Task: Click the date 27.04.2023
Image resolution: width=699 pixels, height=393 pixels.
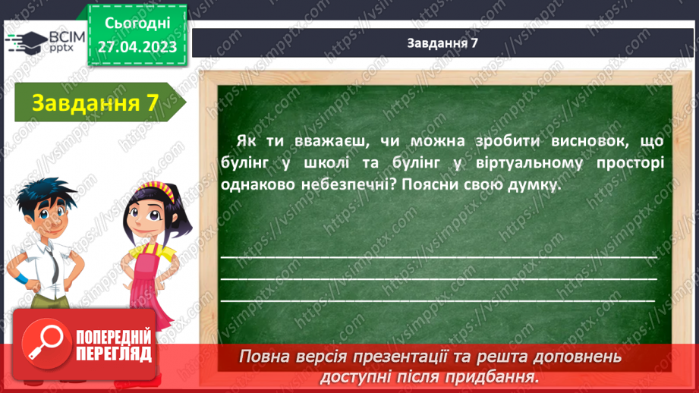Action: coord(137,47)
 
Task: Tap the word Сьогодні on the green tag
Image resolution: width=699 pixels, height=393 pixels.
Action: coord(137,24)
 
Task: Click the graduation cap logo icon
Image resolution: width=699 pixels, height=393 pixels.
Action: coord(26,42)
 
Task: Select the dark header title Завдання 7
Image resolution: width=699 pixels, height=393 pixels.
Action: coord(442,42)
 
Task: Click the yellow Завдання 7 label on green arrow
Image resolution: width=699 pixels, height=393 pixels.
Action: coord(95,103)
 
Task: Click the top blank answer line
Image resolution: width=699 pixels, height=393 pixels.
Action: coord(439,257)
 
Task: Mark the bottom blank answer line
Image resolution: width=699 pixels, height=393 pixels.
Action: coord(438,300)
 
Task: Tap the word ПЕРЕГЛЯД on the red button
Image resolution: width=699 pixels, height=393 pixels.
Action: coord(114,354)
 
